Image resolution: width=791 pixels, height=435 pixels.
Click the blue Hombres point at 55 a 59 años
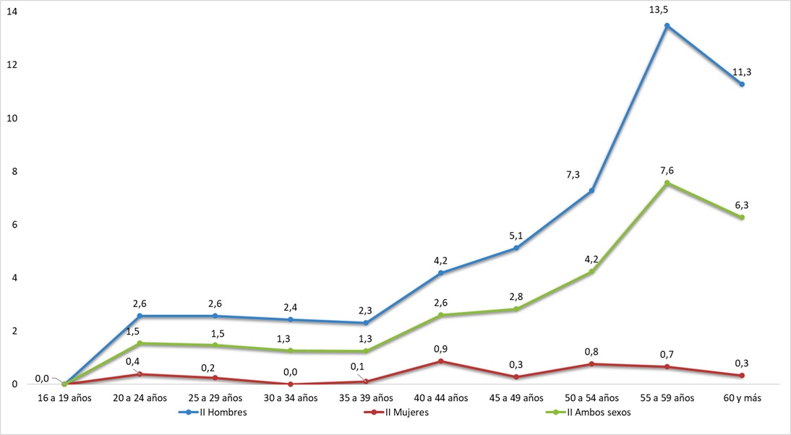pos(667,26)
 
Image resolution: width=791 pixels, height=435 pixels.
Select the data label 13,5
pos(667,9)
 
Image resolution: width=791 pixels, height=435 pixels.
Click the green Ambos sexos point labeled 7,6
pos(667,183)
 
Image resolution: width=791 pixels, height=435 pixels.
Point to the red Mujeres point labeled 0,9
pos(441,361)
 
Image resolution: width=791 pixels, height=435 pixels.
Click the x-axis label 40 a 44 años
pos(441,398)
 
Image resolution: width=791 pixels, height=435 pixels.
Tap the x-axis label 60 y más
pos(742,398)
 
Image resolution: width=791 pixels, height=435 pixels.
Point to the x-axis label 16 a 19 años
pos(64,398)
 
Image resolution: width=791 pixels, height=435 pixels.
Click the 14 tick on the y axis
pos(13,12)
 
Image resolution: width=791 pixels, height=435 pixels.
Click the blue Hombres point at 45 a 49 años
pos(516,248)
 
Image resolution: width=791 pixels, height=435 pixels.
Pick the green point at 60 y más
pos(742,217)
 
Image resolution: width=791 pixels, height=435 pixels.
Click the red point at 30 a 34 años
pos(291,384)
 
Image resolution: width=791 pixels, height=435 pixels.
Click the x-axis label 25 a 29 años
pos(215,398)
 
